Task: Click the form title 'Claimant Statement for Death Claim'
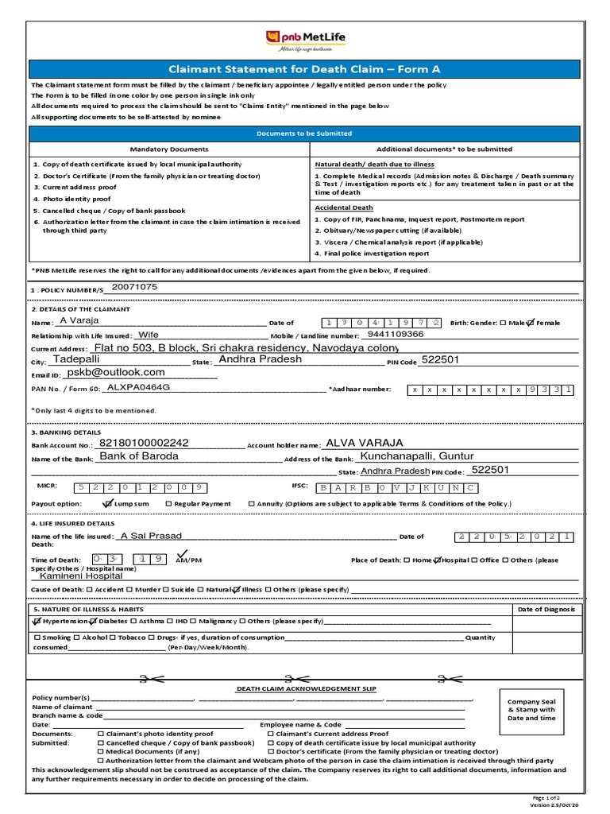[304, 69]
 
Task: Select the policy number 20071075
[135, 286]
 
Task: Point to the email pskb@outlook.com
[116, 372]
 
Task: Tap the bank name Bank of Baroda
[139, 456]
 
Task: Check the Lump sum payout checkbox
[108, 503]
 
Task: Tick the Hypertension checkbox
[37, 620]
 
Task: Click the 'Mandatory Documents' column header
[169, 149]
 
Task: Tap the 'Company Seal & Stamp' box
[531, 707]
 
